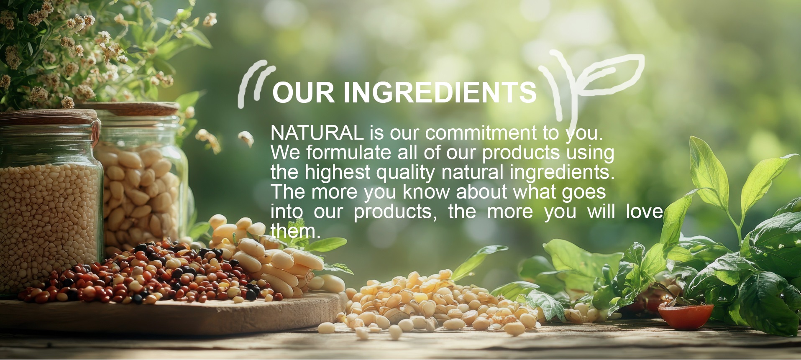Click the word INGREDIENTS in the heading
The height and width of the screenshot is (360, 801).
[x=440, y=92]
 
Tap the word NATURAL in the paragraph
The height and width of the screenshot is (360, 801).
[x=317, y=133]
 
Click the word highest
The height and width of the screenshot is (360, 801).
[x=338, y=173]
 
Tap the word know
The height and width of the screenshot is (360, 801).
[x=427, y=192]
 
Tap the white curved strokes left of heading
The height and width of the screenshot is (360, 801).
[x=253, y=84]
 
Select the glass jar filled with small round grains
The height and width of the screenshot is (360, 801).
[x=49, y=201]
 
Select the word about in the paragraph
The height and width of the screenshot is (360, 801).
[x=482, y=192]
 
